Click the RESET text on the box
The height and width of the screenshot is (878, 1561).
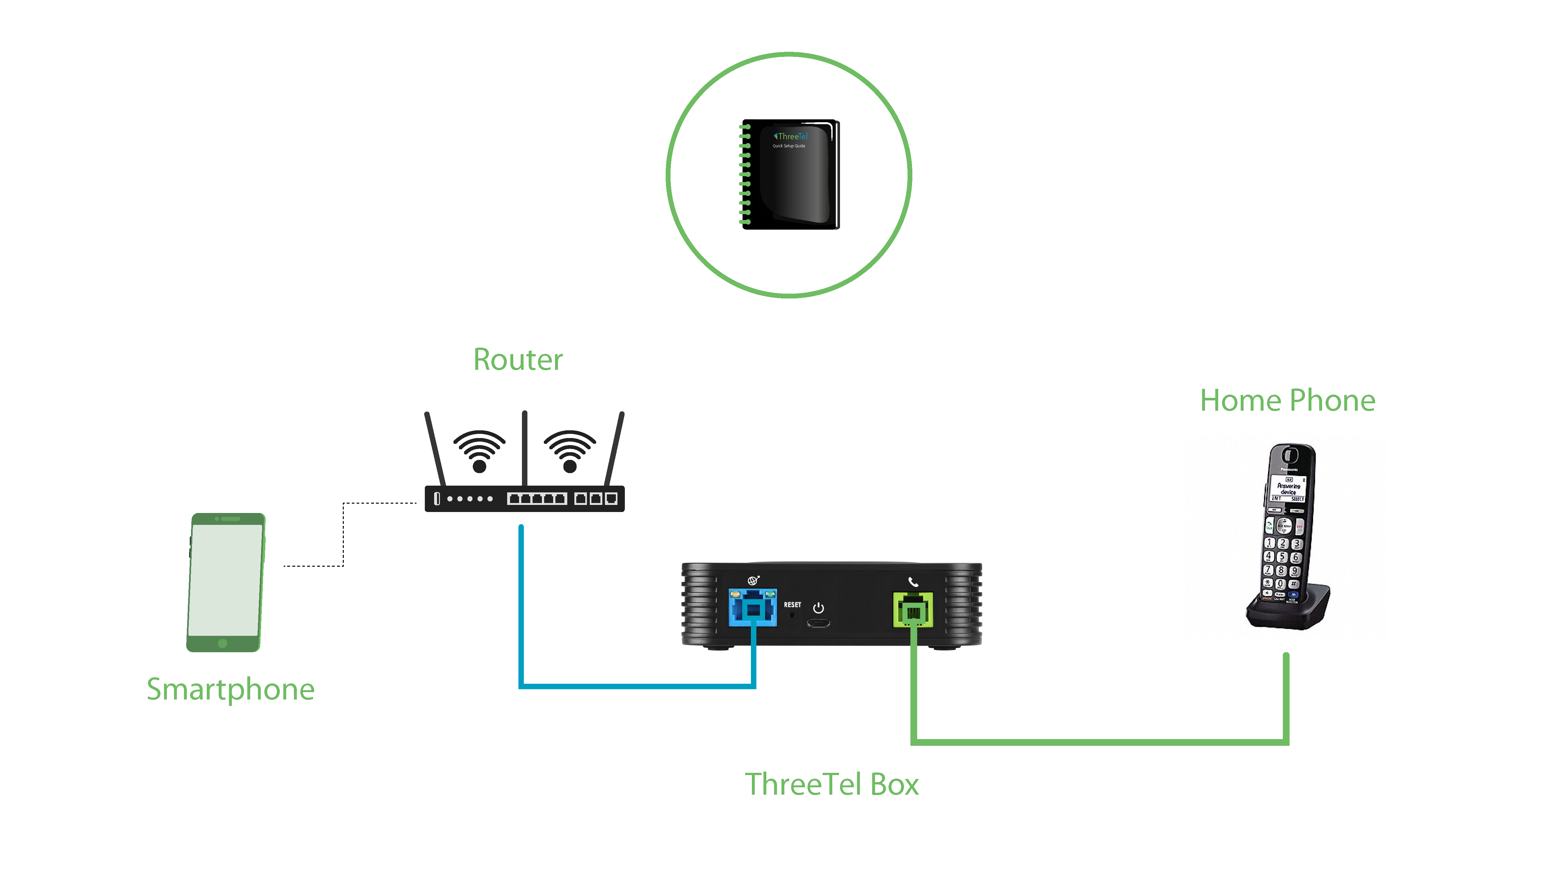click(792, 605)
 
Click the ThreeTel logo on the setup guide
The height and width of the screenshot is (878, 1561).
click(791, 136)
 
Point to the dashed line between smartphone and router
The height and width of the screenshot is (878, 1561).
click(343, 533)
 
